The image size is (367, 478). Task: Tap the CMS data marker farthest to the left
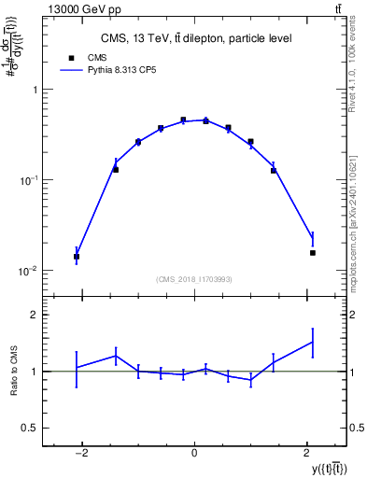(x=77, y=256)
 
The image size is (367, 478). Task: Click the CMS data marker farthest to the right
(x=313, y=252)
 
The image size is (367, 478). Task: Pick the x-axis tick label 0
(x=194, y=454)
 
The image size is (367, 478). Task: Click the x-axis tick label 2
(x=307, y=454)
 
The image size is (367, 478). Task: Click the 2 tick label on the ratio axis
(x=36, y=316)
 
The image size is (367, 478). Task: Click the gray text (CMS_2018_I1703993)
(x=194, y=279)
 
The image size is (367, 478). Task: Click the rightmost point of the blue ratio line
(x=313, y=342)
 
